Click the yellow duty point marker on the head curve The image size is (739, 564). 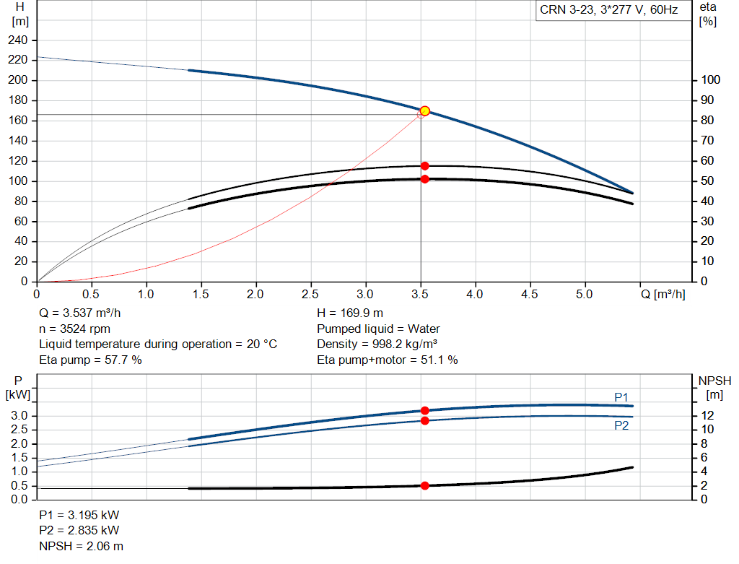424,111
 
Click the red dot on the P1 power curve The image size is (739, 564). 424,411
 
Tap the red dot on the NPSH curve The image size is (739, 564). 424,486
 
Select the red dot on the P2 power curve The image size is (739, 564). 424,420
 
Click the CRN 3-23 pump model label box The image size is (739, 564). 613,10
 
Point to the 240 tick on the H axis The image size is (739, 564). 17,40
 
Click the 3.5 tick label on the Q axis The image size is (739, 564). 419,294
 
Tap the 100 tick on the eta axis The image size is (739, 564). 710,80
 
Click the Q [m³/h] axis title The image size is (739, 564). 663,294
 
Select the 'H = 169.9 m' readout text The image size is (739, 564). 350,313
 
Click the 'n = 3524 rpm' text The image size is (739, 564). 74,329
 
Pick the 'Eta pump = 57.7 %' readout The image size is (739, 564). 90,360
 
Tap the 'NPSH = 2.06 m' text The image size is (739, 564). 81,546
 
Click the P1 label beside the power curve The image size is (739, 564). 621,397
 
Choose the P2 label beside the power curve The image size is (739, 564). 621,426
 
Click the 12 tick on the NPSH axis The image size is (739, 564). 707,415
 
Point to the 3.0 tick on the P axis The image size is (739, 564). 19,415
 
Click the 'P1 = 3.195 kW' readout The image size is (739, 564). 79,515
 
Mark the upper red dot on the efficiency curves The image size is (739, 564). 424,166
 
